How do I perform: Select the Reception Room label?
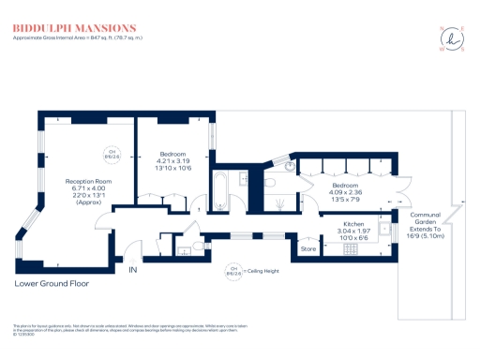88,181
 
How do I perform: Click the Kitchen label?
352,225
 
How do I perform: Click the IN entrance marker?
132,270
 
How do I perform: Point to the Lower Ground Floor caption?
52,282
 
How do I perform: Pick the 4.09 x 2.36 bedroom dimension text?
344,192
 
